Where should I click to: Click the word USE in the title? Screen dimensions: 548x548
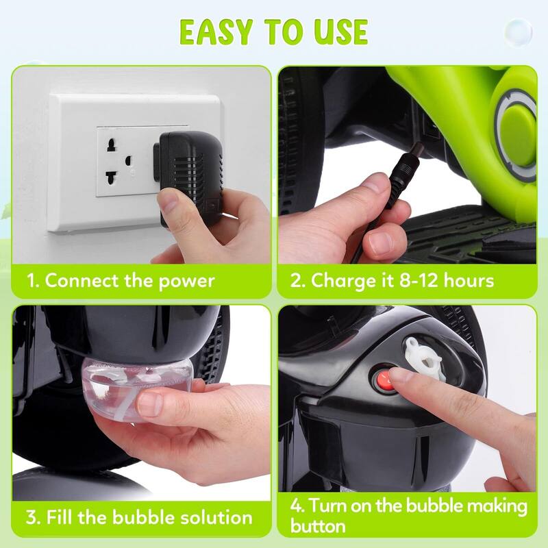click(x=336, y=32)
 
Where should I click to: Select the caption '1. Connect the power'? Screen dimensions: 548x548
click(x=121, y=280)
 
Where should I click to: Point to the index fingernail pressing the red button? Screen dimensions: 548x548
click(x=403, y=375)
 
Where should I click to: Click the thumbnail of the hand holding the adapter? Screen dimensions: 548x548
click(x=179, y=199)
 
